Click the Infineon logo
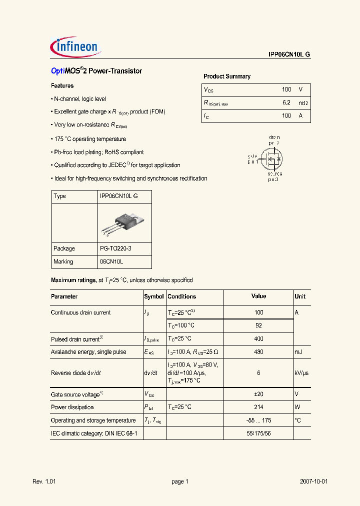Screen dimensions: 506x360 76,47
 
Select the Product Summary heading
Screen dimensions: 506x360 227,76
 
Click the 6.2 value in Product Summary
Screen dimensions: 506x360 286,102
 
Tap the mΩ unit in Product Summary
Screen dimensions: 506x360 303,102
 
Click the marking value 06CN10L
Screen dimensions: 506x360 111,261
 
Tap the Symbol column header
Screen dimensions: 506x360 154,296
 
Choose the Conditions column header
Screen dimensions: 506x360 181,296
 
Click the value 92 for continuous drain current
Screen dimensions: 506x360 258,325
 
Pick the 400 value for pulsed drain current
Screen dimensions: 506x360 258,339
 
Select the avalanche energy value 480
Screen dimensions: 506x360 258,352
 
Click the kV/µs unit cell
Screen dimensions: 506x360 301,373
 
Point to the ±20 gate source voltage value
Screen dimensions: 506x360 258,394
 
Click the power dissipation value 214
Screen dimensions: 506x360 258,407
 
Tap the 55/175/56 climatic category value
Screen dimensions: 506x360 258,433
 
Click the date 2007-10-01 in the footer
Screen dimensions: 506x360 314,481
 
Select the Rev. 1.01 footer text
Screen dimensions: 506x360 44,481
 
